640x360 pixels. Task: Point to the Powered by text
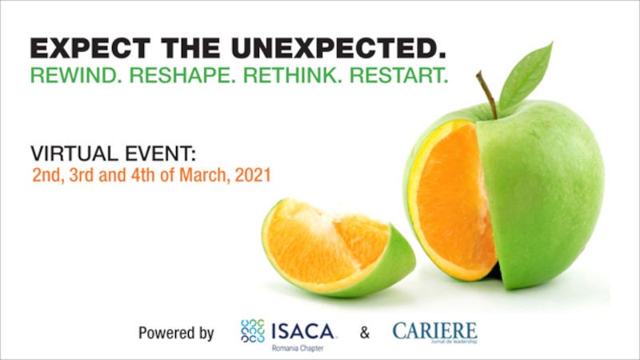176,333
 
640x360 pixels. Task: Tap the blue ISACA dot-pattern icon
253,331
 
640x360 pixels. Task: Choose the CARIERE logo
434,331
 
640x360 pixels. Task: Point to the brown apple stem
487,93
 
